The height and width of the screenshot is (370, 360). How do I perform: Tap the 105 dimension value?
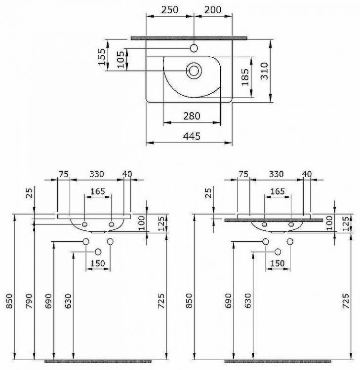tap(120, 60)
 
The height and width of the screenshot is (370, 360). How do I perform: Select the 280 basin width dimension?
tap(191, 116)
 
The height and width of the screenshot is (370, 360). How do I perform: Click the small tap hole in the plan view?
tap(194, 48)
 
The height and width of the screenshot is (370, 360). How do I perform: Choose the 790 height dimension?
tap(28, 299)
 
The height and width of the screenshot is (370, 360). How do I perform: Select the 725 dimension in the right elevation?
tap(346, 299)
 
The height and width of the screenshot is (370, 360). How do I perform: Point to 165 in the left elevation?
tap(99, 191)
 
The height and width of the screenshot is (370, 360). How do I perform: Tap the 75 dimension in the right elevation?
tap(243, 174)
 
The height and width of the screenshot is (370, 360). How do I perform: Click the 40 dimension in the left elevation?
tap(127, 174)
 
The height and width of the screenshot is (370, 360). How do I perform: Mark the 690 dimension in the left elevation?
tap(48, 299)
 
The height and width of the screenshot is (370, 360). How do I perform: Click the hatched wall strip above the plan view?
tap(189, 37)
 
